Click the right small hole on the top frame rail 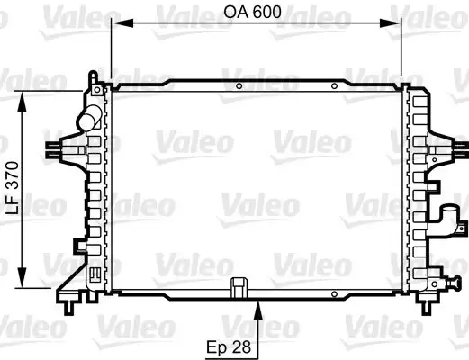click(333, 87)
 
